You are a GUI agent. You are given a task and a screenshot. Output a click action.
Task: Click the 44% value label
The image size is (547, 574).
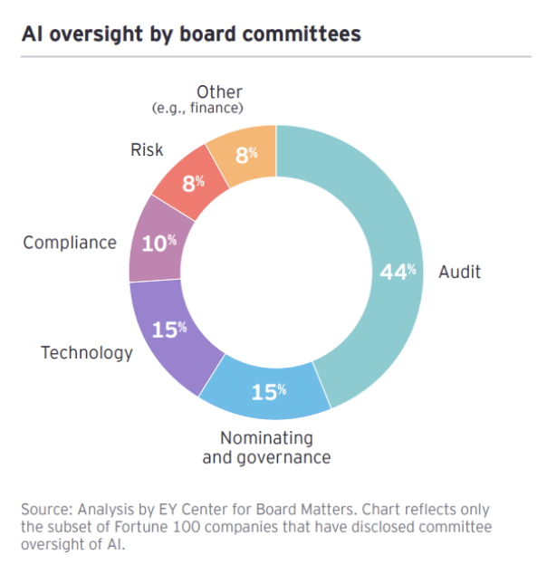click(x=398, y=273)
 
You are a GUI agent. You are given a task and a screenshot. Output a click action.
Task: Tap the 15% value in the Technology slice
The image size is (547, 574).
click(x=169, y=330)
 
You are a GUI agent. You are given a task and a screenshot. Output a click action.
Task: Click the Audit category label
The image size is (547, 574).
click(x=459, y=272)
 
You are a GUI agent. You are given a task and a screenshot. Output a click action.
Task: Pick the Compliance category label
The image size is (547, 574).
click(x=70, y=243)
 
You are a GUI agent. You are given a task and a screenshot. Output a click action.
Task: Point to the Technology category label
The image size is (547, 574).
click(x=87, y=352)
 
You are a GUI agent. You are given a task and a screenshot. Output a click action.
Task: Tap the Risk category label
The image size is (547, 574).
click(x=147, y=149)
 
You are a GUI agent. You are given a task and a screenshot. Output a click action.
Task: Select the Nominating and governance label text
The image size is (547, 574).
click(x=266, y=447)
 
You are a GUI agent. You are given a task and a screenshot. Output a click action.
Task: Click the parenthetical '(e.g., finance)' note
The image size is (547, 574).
click(x=198, y=109)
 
